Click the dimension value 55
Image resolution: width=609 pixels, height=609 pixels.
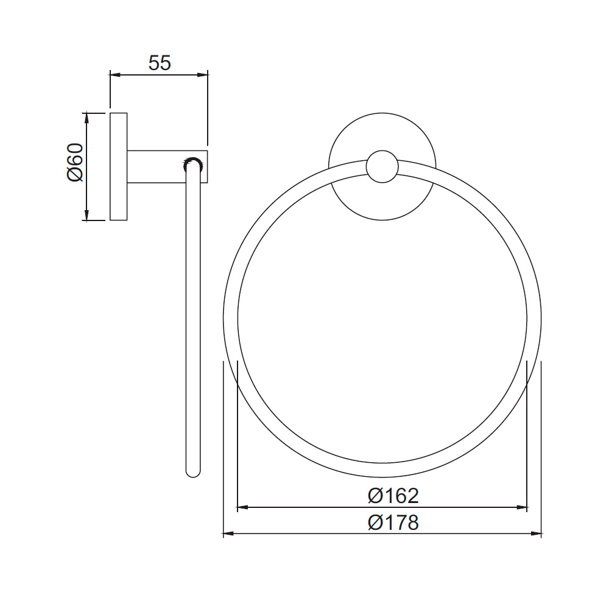[x=160, y=62]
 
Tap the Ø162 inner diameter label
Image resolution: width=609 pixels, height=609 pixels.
[x=393, y=496]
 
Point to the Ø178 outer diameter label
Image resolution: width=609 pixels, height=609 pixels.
[x=393, y=522]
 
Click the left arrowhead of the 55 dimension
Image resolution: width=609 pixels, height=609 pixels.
[x=114, y=75]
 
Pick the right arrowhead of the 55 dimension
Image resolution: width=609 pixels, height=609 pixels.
[x=203, y=75]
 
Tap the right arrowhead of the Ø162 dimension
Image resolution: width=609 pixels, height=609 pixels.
[x=521, y=507]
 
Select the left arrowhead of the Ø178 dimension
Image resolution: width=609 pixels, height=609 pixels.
[x=228, y=534]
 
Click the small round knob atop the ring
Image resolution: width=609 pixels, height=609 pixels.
[x=382, y=166]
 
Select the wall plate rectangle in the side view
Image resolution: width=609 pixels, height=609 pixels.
[x=118, y=166]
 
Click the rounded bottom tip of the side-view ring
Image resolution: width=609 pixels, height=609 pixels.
[x=192, y=471]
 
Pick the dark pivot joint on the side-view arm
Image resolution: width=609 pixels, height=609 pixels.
[x=192, y=162]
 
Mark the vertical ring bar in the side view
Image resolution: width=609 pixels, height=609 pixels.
[x=192, y=317]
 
